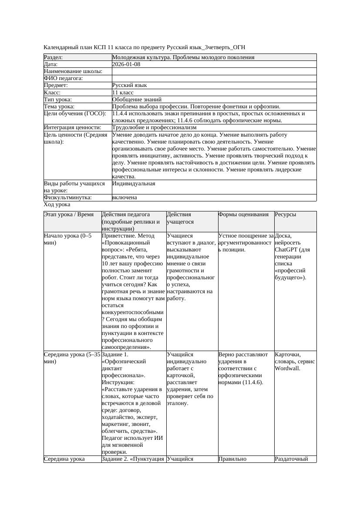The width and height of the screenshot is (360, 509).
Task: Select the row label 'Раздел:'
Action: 54,57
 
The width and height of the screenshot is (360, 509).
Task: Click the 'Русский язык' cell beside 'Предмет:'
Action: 129,86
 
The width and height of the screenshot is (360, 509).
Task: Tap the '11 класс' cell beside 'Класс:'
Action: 123,93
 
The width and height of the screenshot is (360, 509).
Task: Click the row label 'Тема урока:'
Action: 59,107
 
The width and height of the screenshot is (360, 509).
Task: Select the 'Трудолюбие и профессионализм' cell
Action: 154,127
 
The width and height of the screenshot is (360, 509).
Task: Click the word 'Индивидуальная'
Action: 134,184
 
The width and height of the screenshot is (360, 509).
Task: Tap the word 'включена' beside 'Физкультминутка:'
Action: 124,198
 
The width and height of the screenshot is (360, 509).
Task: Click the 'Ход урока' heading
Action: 57,204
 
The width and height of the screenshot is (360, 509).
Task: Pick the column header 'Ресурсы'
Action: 286,214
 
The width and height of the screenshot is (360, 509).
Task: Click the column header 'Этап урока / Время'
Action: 69,214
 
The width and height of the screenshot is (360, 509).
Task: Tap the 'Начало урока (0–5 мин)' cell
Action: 68,239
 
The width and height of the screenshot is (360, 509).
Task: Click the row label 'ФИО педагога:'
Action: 64,79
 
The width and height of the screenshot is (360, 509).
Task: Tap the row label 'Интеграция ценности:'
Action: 73,127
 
